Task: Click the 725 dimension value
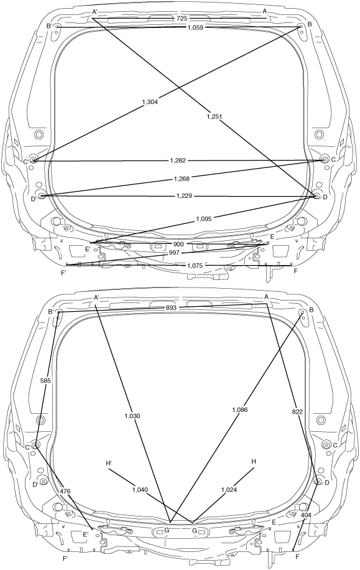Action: [x=181, y=18]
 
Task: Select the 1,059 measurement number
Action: [x=195, y=27]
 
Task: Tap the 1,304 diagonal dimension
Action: [x=150, y=102]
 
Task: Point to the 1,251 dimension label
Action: [x=214, y=116]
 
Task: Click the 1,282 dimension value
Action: [x=178, y=161]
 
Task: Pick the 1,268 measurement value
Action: [x=182, y=178]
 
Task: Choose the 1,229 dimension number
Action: [x=184, y=196]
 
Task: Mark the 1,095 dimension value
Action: [x=203, y=219]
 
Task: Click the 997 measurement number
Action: [x=174, y=253]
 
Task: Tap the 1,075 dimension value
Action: [x=195, y=265]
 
